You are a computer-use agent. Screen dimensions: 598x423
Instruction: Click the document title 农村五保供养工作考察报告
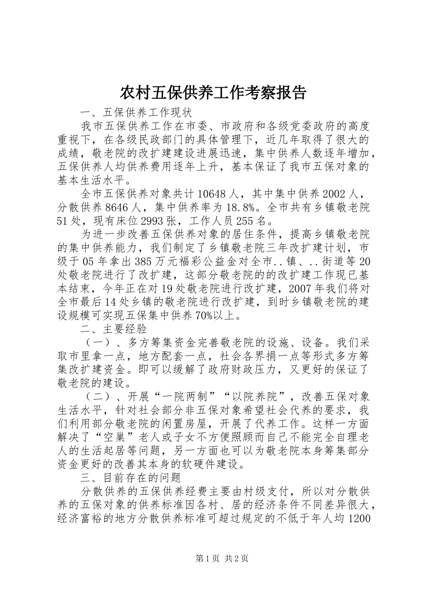click(213, 93)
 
